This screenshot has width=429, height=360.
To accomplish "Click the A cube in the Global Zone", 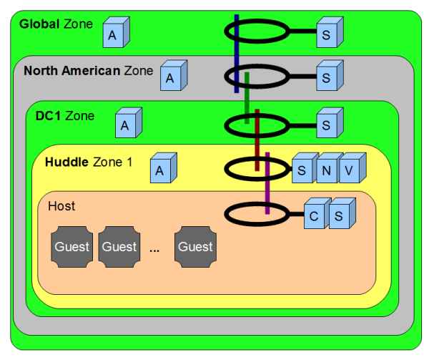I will point(113,34).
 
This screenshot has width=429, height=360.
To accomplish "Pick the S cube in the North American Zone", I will point(327,77).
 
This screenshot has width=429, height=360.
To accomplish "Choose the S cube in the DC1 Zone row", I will point(327,126).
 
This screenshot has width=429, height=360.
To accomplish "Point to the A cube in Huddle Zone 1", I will point(161,170).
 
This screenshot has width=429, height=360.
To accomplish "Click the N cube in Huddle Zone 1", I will point(325,171).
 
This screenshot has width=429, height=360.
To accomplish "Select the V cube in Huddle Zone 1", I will point(350,171).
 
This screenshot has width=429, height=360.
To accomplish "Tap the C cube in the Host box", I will point(314,216).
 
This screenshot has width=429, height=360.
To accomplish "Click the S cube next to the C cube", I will point(339,216).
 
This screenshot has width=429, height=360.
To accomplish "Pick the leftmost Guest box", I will point(72,247).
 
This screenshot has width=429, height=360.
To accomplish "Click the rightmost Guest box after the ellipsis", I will point(195,247).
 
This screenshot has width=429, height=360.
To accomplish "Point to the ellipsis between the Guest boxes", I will point(156,250).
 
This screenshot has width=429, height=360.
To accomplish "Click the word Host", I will point(61,206).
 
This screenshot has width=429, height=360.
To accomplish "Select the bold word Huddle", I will point(66,162).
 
